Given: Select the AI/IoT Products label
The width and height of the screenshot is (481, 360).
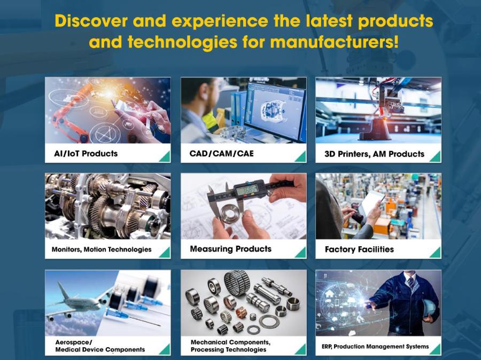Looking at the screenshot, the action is (86, 153).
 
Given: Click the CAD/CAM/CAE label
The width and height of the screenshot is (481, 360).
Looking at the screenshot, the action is (221, 153).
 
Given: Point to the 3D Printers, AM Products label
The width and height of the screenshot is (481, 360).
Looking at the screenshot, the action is (374, 154).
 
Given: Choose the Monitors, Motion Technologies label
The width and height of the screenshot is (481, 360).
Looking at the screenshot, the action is (102, 249).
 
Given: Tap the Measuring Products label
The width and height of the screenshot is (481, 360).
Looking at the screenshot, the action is (231, 249).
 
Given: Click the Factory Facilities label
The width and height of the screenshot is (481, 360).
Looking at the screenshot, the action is (359, 249).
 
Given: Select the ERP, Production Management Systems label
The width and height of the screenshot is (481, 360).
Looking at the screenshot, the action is (375, 347).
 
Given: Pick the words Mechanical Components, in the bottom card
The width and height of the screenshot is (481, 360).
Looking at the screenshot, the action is (230, 342).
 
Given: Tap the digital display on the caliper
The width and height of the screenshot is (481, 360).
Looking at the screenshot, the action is (247, 191).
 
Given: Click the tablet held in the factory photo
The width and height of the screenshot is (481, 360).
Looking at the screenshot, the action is (371, 204).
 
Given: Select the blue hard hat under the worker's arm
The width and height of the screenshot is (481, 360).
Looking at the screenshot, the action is (429, 310).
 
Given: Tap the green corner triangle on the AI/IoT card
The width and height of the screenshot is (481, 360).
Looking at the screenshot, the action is (166, 158).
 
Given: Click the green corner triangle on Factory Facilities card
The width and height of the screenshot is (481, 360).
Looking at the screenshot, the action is (437, 253).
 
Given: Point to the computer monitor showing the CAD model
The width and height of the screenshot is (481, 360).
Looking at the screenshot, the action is (276, 110).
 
